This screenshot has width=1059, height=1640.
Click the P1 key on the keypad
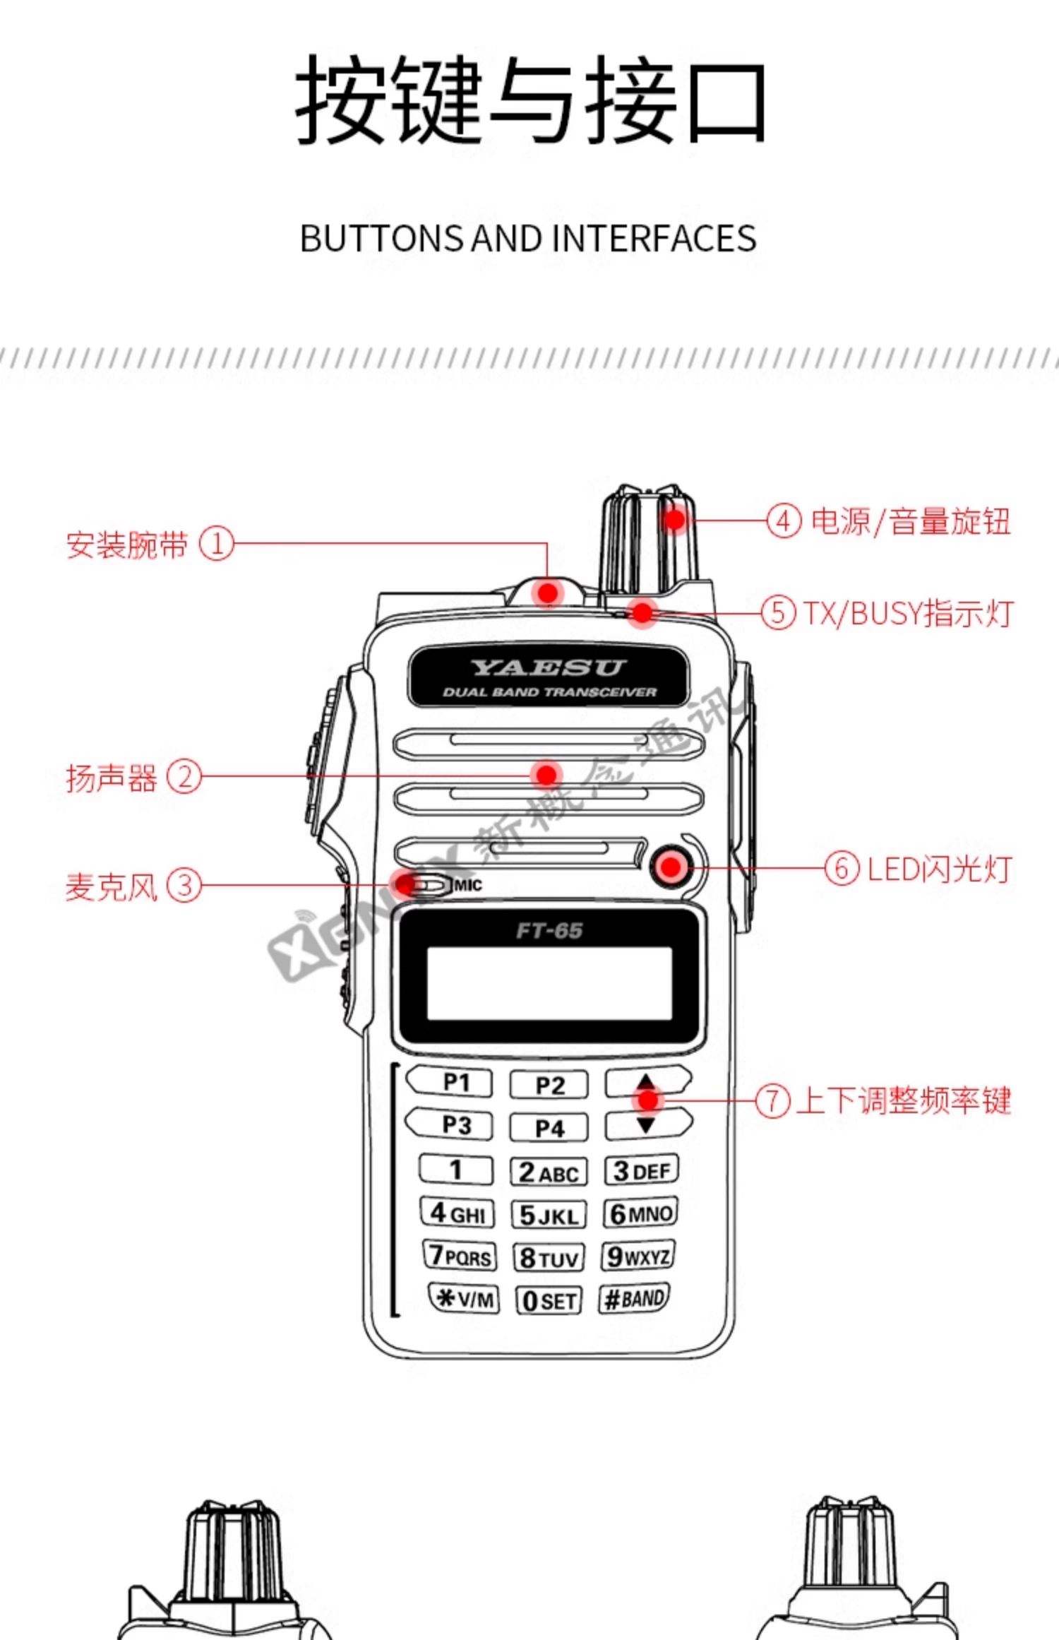tap(449, 1082)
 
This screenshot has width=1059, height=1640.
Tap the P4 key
tap(549, 1127)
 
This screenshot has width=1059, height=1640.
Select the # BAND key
tap(634, 1298)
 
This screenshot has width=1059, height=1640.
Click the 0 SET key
tap(549, 1300)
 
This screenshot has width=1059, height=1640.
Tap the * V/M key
tap(464, 1298)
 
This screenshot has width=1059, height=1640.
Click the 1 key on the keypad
tap(455, 1170)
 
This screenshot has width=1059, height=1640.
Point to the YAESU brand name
tap(549, 667)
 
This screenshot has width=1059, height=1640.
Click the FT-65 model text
tap(549, 931)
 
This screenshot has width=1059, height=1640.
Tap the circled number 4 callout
tap(784, 521)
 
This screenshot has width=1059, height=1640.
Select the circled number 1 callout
tap(216, 544)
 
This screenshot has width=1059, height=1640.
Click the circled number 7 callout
tap(772, 1100)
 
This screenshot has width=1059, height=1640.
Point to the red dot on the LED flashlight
tap(670, 867)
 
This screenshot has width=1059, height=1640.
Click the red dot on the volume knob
tap(675, 521)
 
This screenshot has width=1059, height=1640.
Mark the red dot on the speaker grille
tap(546, 775)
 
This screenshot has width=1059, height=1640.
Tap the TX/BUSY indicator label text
tap(908, 613)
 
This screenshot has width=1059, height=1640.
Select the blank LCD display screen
tap(549, 983)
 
